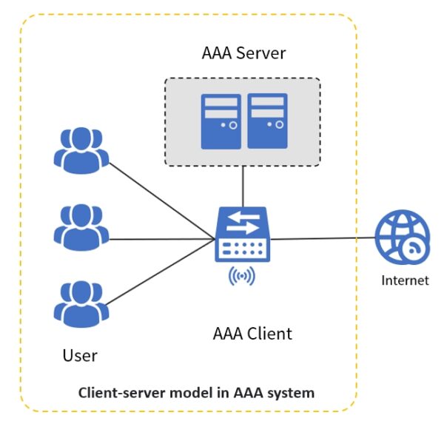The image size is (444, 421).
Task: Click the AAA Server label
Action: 243,53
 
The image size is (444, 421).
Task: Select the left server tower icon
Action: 221,121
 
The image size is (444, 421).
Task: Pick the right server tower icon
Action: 266,121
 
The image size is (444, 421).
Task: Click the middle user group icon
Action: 81,225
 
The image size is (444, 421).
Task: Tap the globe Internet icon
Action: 402,238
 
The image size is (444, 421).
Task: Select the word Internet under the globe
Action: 405,280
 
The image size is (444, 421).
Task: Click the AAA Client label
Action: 252,333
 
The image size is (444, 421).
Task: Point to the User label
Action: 80,355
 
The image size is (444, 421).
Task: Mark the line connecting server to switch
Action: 243,186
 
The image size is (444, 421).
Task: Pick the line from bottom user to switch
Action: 163,274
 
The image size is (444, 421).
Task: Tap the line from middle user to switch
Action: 163,238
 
